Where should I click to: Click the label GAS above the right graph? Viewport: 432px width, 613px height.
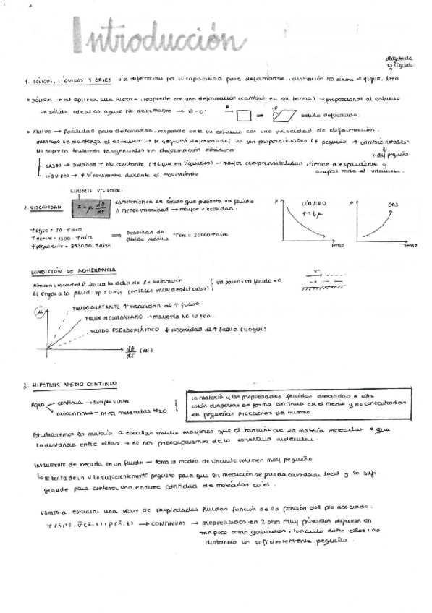click(x=394, y=205)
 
